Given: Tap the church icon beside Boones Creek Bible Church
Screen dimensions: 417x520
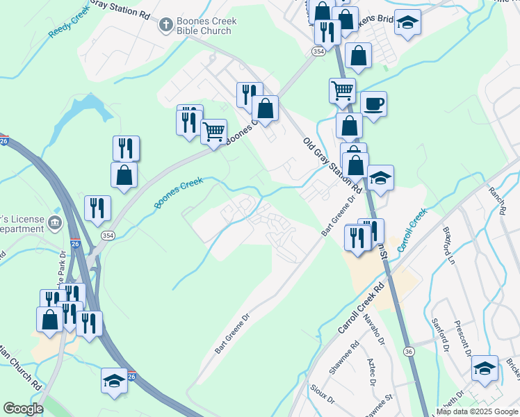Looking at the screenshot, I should (165, 26).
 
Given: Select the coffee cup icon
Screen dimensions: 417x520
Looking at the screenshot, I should (374, 104).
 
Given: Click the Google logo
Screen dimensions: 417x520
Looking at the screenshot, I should (23, 409).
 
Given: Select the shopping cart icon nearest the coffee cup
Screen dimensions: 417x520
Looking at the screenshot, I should (342, 90).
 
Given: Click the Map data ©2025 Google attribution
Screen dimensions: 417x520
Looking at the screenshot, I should (477, 411).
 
